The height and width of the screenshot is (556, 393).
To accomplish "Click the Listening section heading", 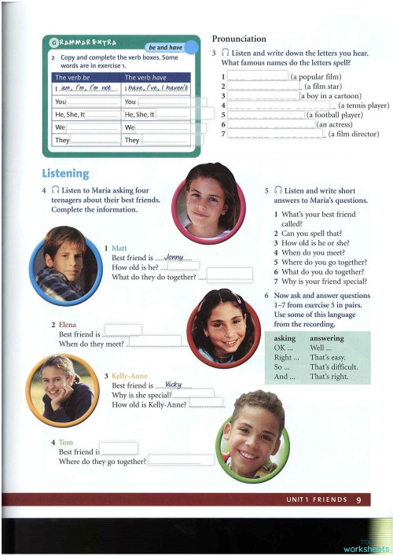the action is [65, 173].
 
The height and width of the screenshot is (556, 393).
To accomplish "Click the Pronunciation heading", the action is [239, 39].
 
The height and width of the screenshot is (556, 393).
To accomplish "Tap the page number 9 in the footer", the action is [358, 499].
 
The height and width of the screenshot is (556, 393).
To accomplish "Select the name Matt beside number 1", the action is [119, 248].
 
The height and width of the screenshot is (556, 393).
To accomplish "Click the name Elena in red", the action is [68, 324].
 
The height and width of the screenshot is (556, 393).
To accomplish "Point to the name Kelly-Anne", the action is [130, 376].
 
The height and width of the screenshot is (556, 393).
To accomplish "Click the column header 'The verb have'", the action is [143, 78].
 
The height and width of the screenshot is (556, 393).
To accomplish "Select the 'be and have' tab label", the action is [165, 47].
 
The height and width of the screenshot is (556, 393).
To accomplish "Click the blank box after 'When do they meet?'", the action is [154, 341].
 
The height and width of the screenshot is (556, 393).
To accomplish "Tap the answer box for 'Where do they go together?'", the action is [180, 460].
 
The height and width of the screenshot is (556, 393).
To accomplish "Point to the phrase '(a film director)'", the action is [353, 134].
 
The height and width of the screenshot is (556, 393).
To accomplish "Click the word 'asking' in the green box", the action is [285, 337].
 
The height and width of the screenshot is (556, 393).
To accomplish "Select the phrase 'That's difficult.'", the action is [334, 366].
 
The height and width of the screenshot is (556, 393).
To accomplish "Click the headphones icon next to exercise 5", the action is [277, 190].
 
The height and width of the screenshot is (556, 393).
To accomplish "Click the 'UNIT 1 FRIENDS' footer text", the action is [315, 499].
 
